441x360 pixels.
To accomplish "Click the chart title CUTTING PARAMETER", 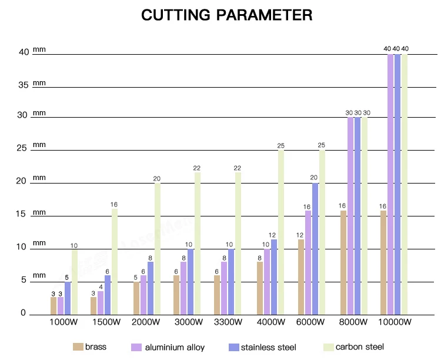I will click(226, 15).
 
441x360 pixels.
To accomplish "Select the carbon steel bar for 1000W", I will click(74, 281).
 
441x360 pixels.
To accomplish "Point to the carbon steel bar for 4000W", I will click(281, 232).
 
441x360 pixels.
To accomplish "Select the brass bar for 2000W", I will click(136, 298).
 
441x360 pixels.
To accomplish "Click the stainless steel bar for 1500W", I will click(108, 294).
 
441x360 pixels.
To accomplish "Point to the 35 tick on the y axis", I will click(24, 85).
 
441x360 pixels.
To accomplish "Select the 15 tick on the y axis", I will click(24, 215).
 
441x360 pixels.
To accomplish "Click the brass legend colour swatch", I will click(77, 346).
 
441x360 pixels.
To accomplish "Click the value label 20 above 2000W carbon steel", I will click(157, 179).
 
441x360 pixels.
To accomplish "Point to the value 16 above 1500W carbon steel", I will click(114, 205).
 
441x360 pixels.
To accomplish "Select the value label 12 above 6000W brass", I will click(300, 235).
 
